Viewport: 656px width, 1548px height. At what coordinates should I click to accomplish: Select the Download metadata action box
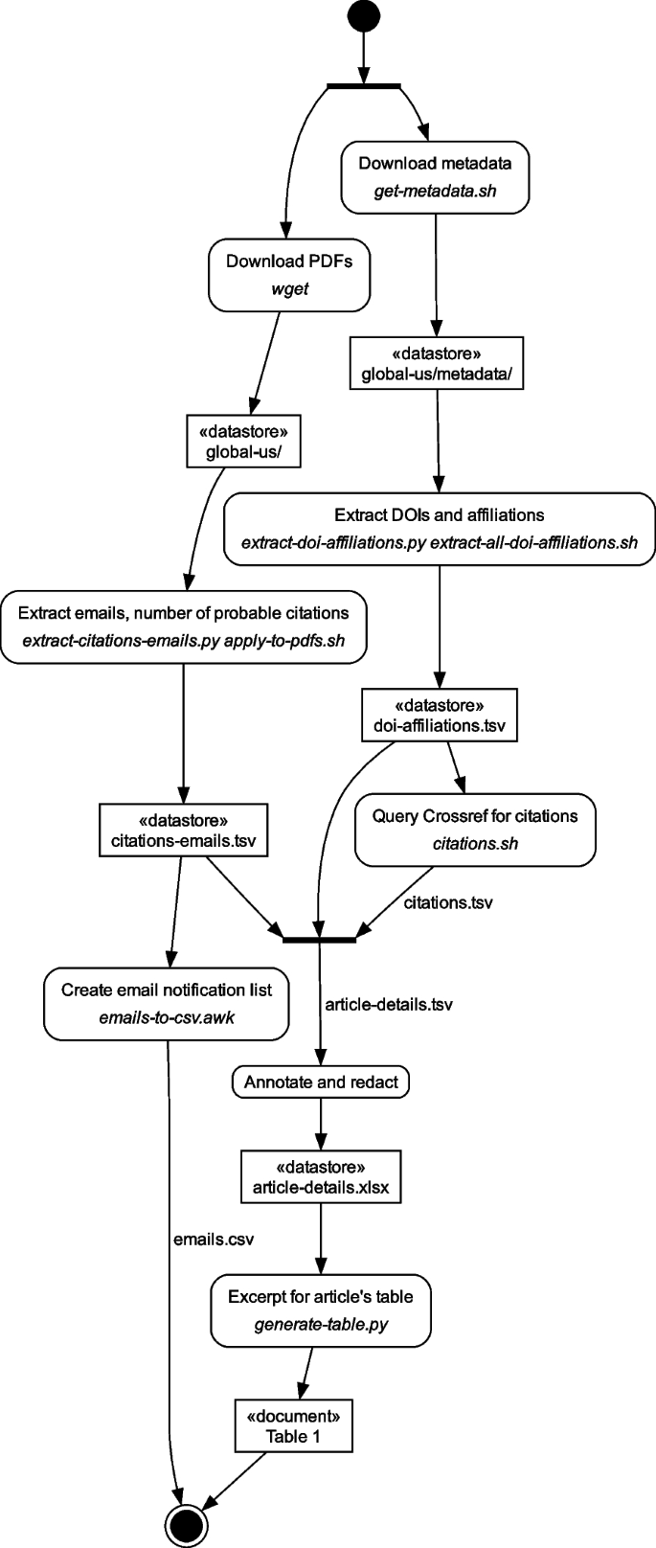(435, 176)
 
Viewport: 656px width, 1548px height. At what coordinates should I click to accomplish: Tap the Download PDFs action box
(289, 274)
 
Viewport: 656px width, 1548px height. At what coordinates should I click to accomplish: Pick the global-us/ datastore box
(243, 441)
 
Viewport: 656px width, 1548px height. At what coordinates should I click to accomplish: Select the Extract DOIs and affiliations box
(439, 529)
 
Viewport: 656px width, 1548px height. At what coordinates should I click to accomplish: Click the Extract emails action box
(183, 626)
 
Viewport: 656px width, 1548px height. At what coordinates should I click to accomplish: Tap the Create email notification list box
(167, 1003)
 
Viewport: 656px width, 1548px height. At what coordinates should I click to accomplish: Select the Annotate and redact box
(321, 1082)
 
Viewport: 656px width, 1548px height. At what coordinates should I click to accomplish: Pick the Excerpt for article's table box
(321, 1309)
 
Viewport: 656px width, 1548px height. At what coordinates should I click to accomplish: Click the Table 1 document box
(293, 1425)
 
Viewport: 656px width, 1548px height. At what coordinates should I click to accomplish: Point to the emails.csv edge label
(213, 1239)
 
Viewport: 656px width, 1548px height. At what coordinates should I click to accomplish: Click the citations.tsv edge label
(447, 902)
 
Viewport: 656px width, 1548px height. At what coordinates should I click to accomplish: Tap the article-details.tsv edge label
(389, 1005)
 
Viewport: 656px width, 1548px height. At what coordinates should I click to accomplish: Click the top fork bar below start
(364, 86)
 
